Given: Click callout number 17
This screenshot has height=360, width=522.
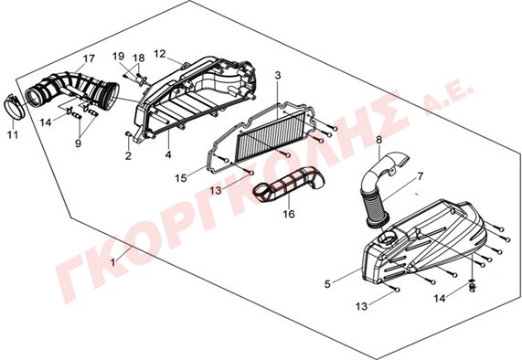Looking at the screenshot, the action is coord(89,58).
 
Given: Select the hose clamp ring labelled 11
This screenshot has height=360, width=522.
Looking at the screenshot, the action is coord(15,107).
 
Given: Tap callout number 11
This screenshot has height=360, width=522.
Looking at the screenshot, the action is coord(13,135).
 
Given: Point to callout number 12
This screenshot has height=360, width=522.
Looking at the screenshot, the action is coord(160,54).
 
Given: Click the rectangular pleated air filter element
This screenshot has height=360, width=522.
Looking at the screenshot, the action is coord(271,135).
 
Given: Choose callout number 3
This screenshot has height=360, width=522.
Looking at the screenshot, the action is coord(278,76).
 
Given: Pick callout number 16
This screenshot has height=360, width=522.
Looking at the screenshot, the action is coord(289,214).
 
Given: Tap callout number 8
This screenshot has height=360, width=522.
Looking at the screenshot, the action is coord(379,140).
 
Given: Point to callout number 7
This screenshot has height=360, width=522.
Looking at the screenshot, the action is coord(421,176).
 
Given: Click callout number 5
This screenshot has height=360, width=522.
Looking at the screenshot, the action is coord(328,284).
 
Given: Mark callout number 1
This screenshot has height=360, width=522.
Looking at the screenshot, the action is coord(112,262).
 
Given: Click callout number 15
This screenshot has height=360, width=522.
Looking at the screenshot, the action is coord(181,178).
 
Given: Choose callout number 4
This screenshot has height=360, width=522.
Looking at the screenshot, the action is coord(168,154).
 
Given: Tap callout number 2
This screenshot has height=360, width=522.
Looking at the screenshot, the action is coord(128,155).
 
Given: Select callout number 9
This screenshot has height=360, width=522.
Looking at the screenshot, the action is coord(79,143).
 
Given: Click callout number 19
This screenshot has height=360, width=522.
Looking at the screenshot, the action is coord(118,57).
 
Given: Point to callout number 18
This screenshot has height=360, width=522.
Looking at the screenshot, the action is coord(139,58).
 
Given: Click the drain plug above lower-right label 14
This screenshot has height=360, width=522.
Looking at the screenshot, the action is coord(472,285).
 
